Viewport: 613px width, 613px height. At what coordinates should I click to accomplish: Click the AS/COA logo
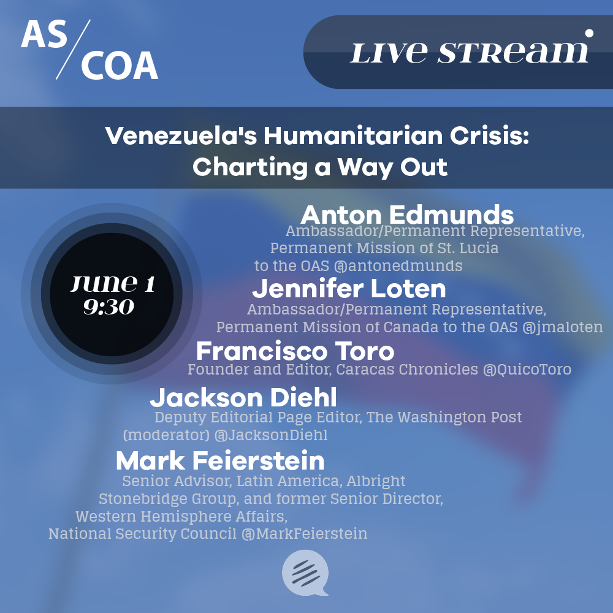click(x=89, y=50)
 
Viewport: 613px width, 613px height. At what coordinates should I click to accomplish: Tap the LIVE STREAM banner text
click(x=469, y=52)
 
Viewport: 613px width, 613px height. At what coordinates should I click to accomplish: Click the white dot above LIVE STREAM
click(x=588, y=34)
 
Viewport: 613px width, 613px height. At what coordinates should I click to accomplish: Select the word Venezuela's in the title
click(x=181, y=135)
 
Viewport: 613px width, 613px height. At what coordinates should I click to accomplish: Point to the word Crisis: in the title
click(x=489, y=135)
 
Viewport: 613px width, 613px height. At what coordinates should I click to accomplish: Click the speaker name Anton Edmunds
click(x=407, y=215)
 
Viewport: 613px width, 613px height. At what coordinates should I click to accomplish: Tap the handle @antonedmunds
click(x=398, y=266)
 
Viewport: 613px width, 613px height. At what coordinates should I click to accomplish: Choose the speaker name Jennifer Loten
click(x=349, y=289)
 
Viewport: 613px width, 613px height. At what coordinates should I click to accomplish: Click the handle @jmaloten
click(x=563, y=327)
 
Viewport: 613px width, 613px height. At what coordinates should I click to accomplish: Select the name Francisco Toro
click(x=295, y=351)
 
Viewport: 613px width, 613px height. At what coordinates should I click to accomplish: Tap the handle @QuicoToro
click(x=527, y=370)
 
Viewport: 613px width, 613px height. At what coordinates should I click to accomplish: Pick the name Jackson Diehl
click(x=243, y=398)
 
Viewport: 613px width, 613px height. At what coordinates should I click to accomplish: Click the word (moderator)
click(x=166, y=435)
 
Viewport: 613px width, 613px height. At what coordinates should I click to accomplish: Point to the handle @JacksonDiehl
click(x=270, y=435)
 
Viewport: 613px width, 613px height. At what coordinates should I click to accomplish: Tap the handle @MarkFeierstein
click(x=304, y=534)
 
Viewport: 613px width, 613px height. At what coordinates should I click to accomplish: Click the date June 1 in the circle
click(x=113, y=283)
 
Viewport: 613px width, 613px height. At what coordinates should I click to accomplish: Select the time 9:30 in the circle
click(x=109, y=307)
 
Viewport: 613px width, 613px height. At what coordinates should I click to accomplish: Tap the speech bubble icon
click(x=305, y=573)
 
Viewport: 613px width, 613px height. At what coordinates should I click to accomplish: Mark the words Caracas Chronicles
click(x=407, y=370)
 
